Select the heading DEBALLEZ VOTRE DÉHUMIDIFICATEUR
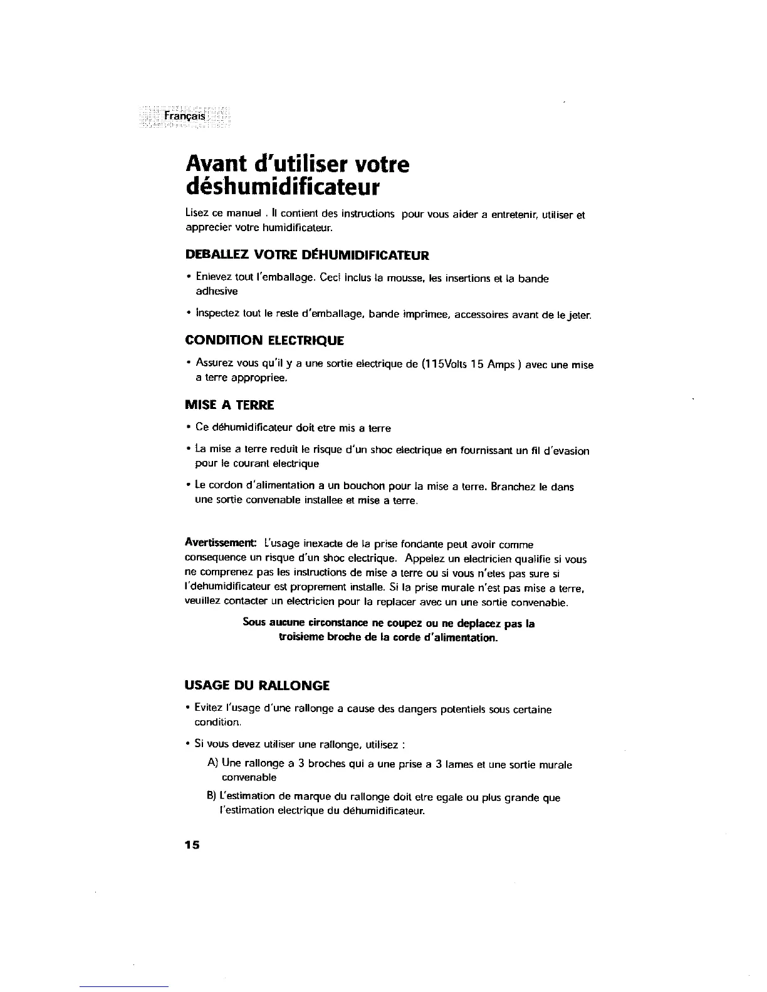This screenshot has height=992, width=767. pyautogui.click(x=307, y=256)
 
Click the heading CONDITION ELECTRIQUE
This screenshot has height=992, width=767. pyautogui.click(x=264, y=341)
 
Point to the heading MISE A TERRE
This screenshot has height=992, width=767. pyautogui.click(x=230, y=406)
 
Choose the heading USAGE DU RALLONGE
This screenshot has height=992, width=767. pyautogui.click(x=257, y=686)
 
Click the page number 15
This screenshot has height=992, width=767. pyautogui.click(x=192, y=845)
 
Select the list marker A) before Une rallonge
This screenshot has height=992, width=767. pyautogui.click(x=212, y=764)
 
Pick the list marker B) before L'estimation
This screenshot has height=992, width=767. pyautogui.click(x=212, y=797)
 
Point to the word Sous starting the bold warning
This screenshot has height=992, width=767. pyautogui.click(x=253, y=623)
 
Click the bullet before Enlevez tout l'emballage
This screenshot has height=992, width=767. pyautogui.click(x=189, y=278)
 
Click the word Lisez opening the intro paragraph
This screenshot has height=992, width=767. pyautogui.click(x=198, y=215)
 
